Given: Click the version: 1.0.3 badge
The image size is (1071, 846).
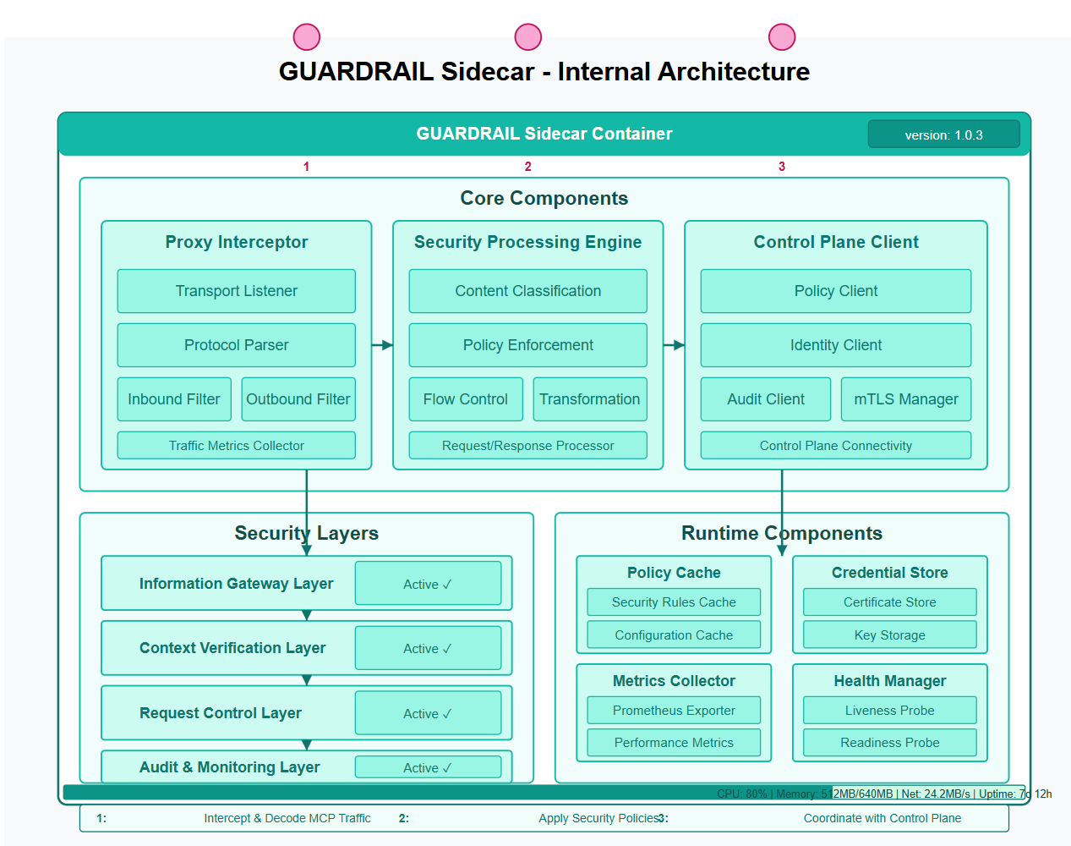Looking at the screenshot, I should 943,135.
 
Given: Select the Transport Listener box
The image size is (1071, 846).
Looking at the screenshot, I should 236,291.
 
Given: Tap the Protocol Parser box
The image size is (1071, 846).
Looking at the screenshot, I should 236,345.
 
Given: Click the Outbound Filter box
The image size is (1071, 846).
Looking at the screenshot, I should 298,399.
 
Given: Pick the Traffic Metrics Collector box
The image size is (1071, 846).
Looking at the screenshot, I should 236,446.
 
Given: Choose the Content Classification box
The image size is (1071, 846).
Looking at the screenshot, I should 527,291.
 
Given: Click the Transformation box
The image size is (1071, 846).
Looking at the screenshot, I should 589,399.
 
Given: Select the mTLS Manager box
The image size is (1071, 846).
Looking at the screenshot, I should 905,399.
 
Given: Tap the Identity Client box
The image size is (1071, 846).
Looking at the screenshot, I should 835,345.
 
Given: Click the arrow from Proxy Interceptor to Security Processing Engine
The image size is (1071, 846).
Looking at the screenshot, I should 383,345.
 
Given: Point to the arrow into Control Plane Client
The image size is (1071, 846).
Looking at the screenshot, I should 675,345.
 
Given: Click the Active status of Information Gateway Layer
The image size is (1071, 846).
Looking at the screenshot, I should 428,584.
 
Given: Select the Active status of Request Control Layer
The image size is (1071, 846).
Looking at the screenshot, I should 428,713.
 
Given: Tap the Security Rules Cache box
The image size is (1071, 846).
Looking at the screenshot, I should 674,602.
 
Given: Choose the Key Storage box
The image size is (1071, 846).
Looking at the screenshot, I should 889,635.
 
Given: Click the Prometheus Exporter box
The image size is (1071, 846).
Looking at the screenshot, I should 674,711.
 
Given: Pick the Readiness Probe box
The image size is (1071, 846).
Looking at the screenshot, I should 889,743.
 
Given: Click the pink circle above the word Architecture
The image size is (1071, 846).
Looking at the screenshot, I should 781,37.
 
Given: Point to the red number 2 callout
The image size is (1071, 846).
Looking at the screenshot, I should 527,167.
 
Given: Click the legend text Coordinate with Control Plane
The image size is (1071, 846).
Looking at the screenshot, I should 882,818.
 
